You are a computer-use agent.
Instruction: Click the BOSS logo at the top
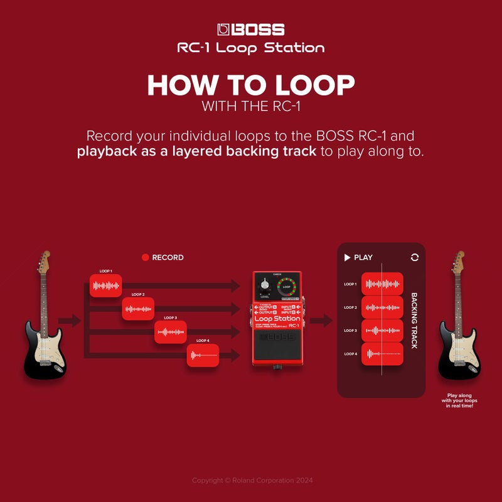[251, 29]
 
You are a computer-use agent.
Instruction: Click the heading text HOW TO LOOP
[251, 85]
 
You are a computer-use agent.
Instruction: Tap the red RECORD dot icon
[145, 257]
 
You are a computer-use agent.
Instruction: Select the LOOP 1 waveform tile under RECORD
[105, 286]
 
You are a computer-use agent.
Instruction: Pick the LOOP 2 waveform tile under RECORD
[138, 309]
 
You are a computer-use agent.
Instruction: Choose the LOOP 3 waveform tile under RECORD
[171, 332]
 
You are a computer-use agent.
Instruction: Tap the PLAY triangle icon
[347, 257]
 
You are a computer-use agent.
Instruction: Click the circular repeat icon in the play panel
[414, 257]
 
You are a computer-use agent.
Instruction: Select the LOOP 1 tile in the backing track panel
[382, 284]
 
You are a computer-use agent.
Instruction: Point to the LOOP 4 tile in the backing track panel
[382, 354]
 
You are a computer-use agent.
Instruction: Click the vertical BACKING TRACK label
[414, 320]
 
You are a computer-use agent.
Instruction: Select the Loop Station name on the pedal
[277, 318]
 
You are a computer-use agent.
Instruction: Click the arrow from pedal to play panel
[321, 321]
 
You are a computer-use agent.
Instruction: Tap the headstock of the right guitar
[457, 260]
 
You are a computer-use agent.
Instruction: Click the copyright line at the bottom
[251, 480]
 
